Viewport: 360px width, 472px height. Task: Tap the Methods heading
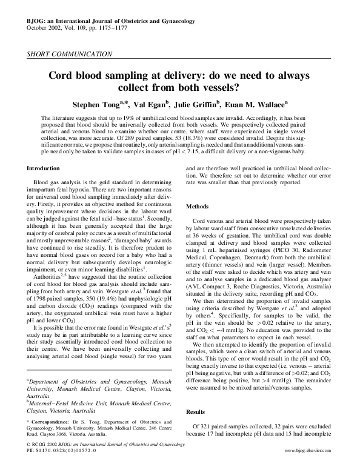(x=198, y=206)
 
